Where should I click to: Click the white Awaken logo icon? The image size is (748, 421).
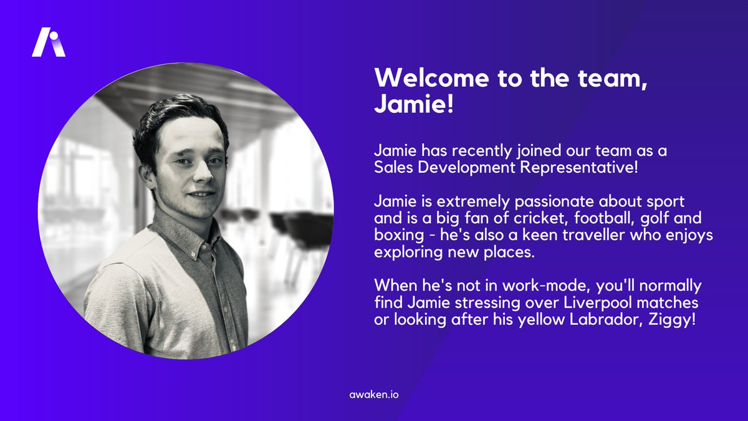coord(49,42)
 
